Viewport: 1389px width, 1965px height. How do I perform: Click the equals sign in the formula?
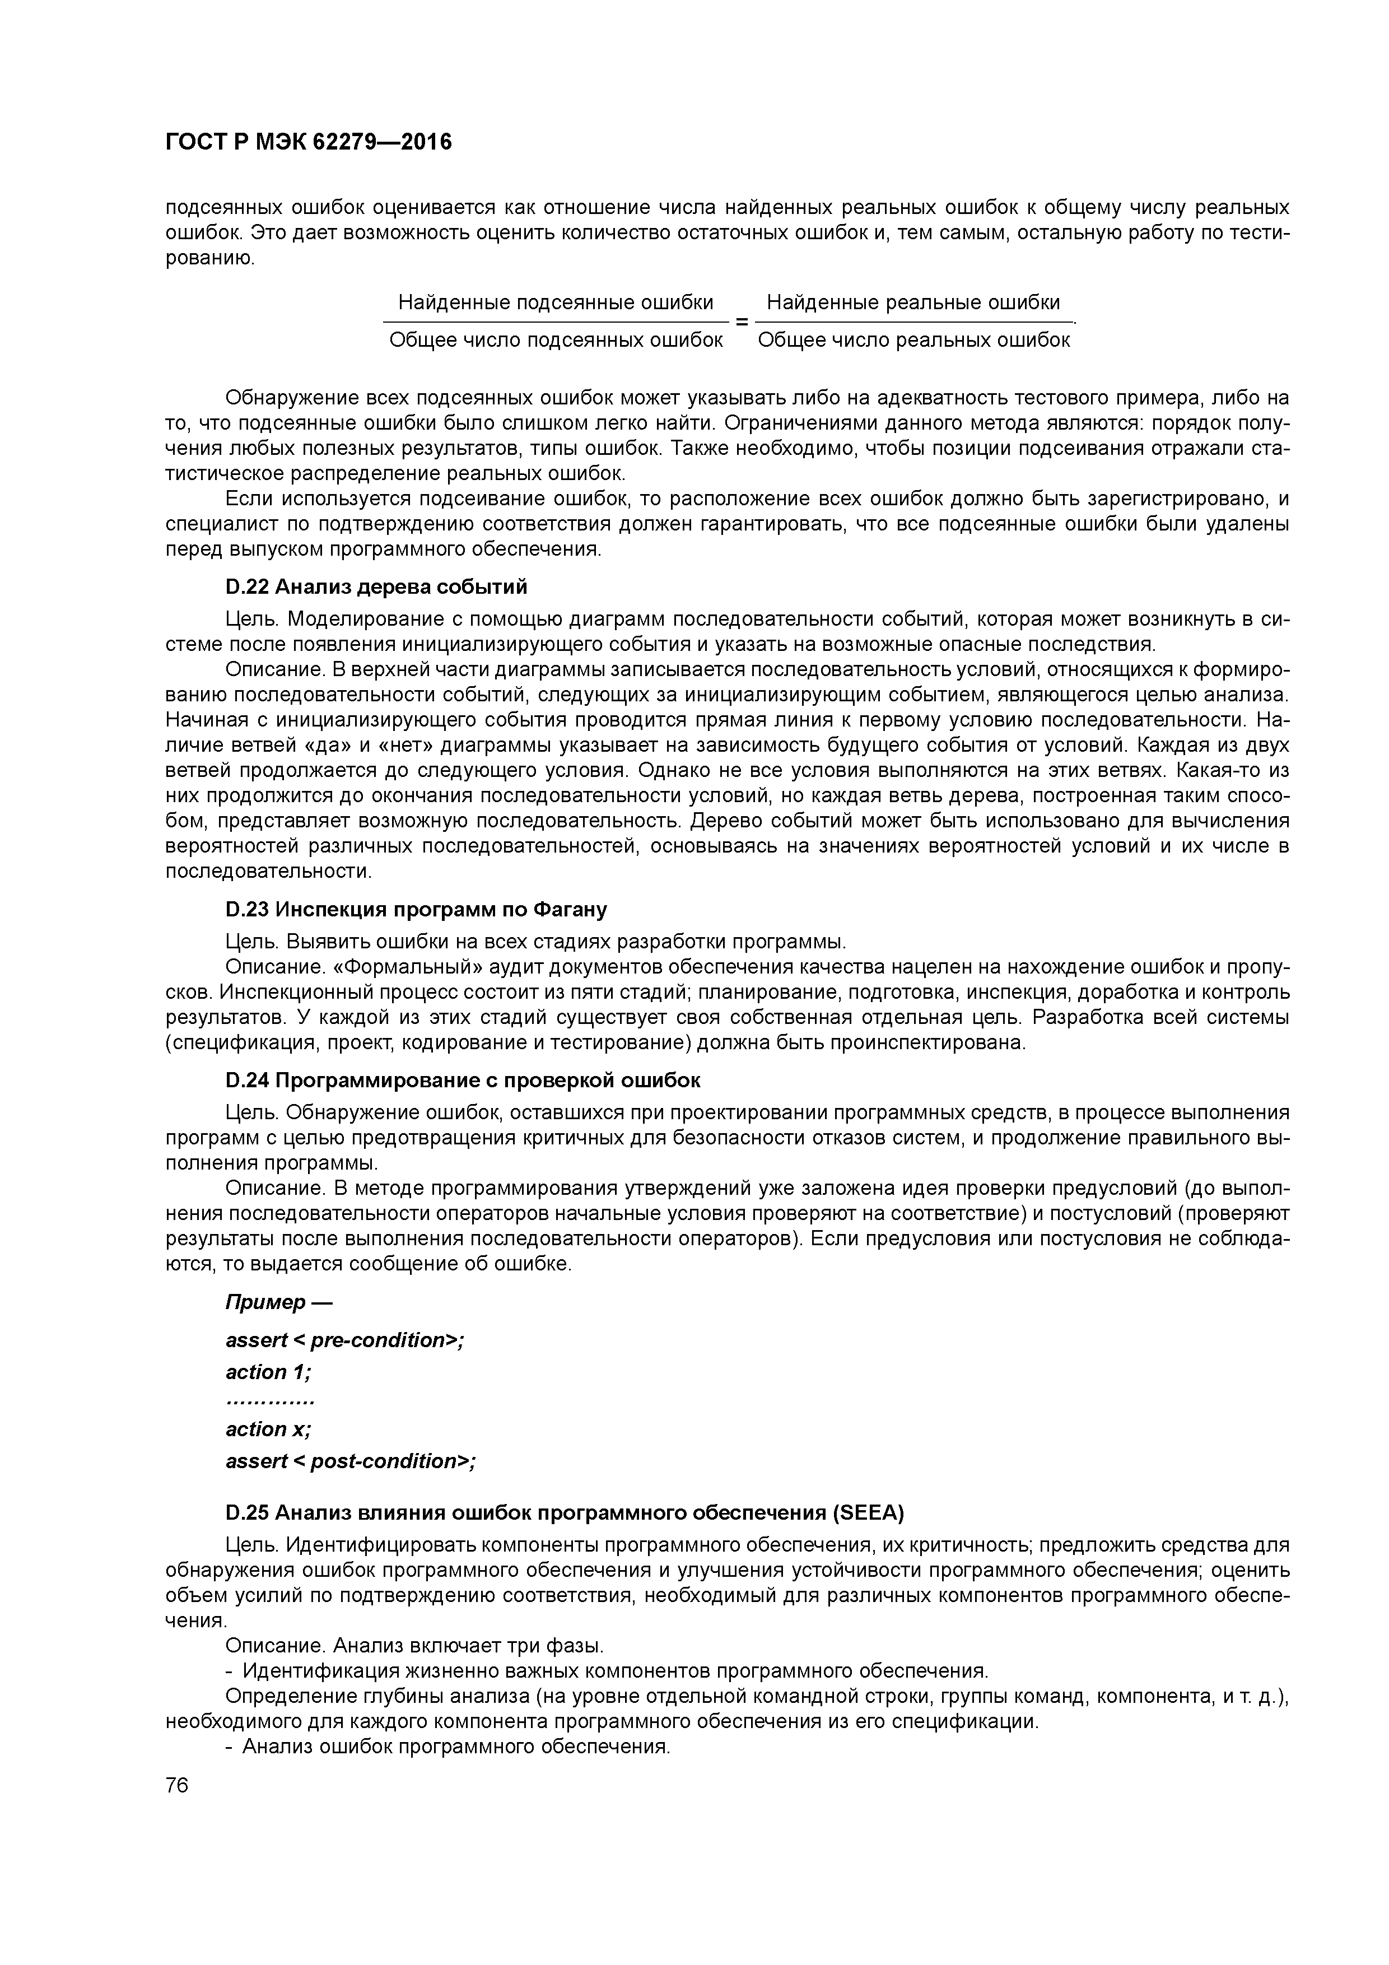741,322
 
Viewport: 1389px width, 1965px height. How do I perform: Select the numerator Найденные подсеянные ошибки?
556,302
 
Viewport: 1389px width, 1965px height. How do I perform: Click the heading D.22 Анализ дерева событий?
376,587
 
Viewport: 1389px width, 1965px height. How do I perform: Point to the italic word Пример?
265,1302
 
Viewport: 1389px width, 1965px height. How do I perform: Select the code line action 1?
269,1372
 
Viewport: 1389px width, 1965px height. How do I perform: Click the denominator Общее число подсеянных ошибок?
556,341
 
